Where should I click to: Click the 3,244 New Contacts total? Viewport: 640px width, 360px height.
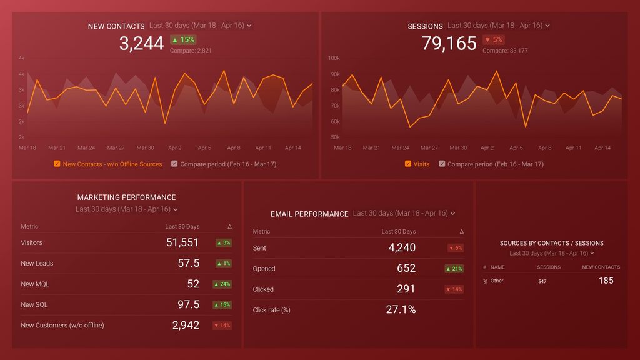[141, 43]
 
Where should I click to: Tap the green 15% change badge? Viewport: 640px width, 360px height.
[183, 39]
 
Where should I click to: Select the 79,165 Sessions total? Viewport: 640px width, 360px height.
[449, 43]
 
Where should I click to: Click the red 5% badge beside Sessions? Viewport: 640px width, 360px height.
[494, 40]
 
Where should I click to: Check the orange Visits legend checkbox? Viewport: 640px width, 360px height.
[408, 164]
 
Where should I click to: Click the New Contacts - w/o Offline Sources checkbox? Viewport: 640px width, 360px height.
[57, 164]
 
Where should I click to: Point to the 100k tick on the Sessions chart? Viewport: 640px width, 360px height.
[334, 58]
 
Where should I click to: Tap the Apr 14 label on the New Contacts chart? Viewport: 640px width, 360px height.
[293, 148]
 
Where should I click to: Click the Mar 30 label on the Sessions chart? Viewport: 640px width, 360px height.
[458, 148]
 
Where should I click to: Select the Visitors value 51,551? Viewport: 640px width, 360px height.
[182, 242]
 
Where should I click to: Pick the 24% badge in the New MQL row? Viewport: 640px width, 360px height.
[222, 284]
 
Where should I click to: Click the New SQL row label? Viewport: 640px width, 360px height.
[34, 305]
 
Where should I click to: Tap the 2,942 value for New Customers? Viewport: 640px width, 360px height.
[186, 325]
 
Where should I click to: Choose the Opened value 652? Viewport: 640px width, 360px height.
[406, 268]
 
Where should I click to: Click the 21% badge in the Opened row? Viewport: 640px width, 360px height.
[454, 269]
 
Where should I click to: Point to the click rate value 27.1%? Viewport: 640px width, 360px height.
[401, 309]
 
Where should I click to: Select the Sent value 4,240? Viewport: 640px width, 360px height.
[402, 247]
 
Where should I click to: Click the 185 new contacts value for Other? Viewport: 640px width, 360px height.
[606, 281]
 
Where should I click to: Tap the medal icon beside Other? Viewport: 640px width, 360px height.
[486, 281]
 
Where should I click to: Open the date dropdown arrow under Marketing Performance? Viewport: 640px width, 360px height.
[176, 209]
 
